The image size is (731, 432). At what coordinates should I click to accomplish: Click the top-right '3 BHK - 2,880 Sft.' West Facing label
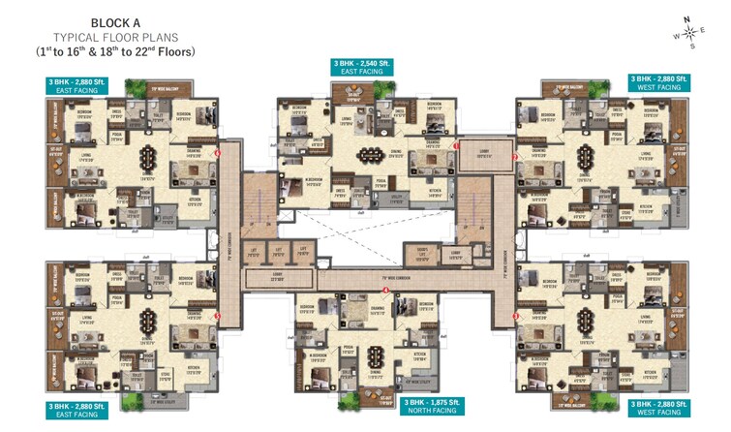[658, 82]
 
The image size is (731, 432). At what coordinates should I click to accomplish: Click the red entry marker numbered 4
[385, 290]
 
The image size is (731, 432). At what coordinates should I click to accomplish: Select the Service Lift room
[421, 254]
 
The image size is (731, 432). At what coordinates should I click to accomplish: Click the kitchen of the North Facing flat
[420, 357]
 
